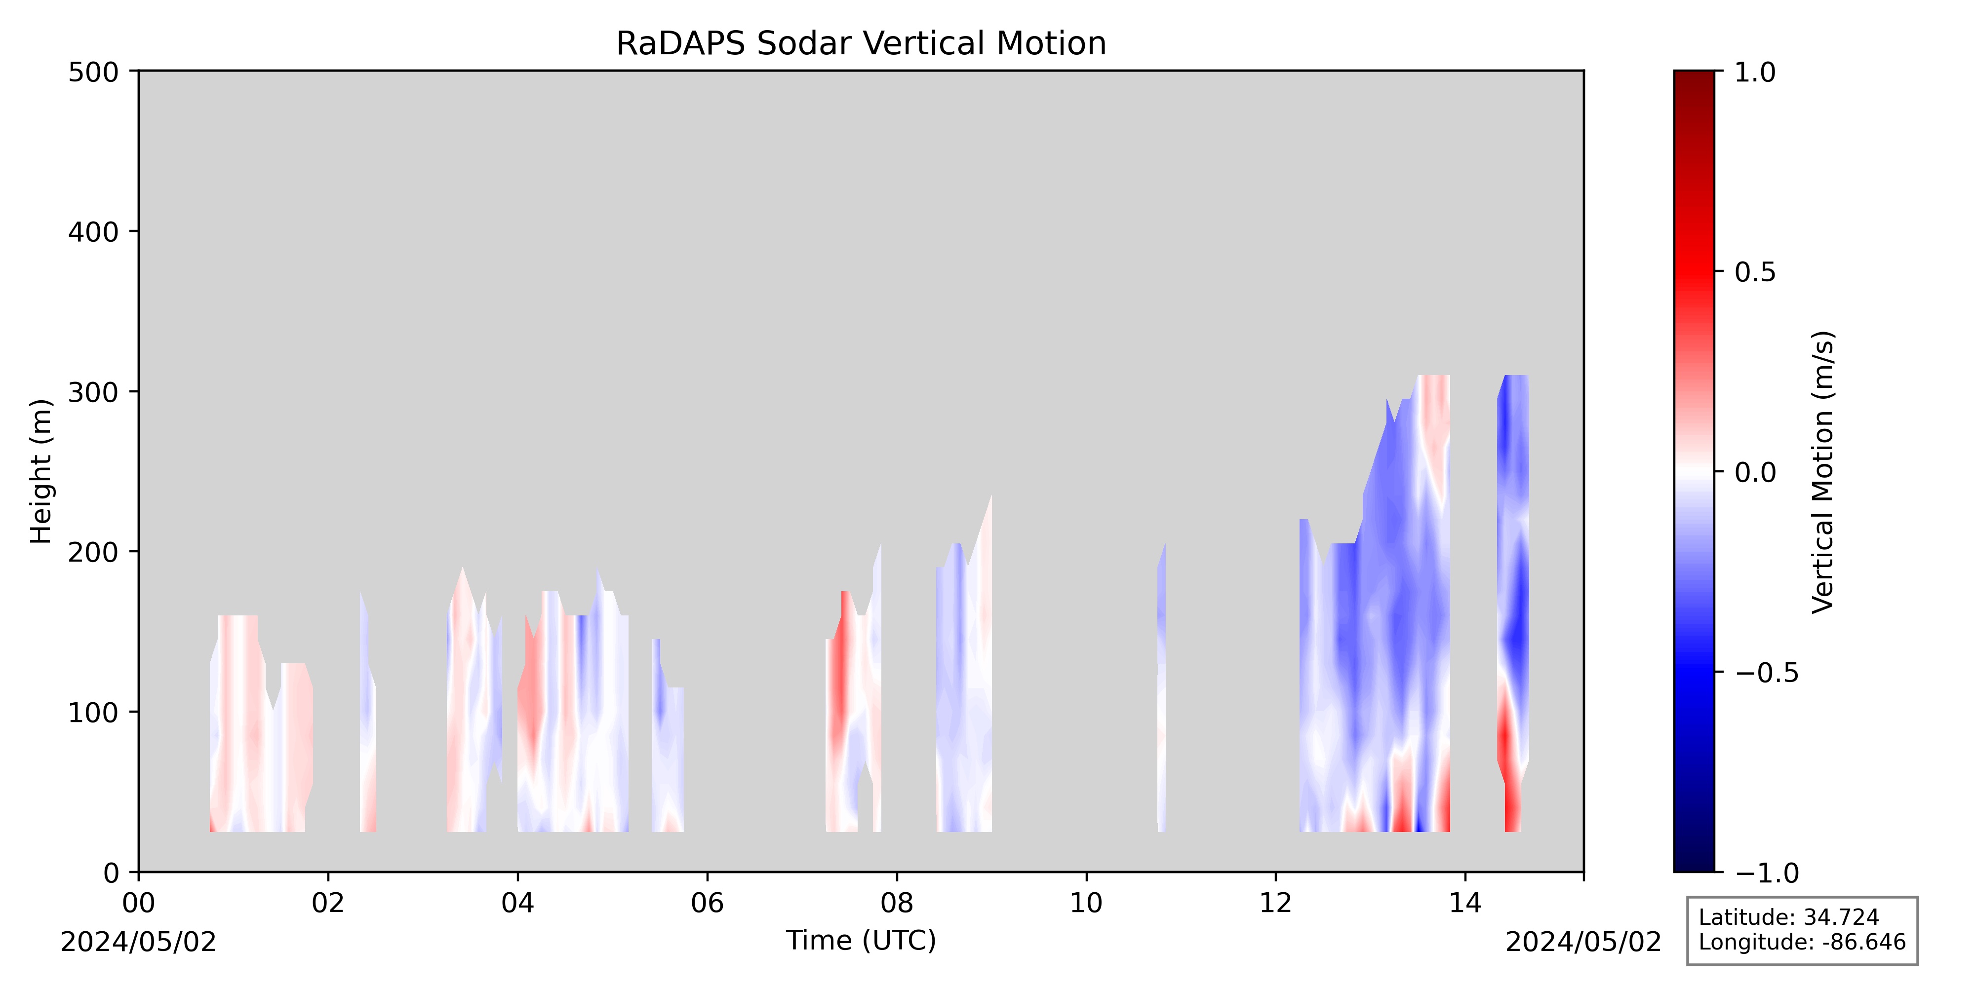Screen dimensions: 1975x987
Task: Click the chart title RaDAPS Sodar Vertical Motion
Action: point(861,44)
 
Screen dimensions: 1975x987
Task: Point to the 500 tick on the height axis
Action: point(134,71)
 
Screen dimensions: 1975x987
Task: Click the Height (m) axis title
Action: point(41,471)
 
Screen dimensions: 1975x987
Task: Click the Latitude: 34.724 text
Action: point(1789,917)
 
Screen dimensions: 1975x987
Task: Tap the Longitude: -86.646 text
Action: point(1802,942)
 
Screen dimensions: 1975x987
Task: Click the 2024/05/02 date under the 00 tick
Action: point(139,942)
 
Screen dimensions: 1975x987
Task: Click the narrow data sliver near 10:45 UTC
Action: point(1161,690)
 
